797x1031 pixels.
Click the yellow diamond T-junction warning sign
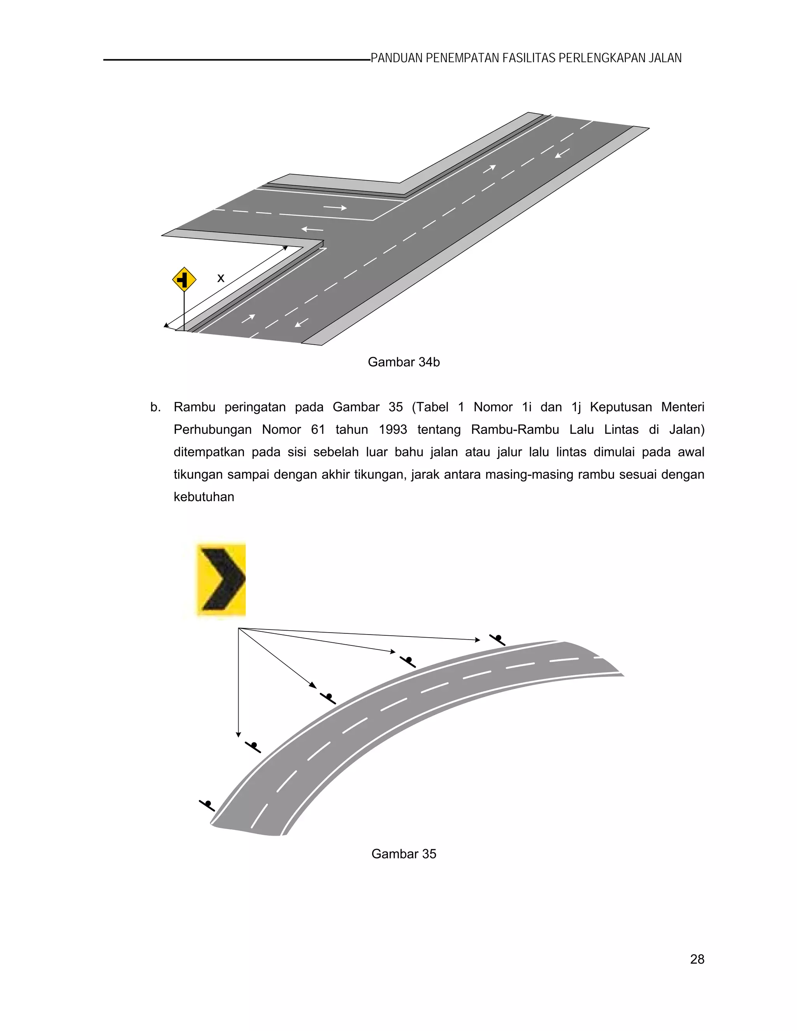click(x=184, y=279)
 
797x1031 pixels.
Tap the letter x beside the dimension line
click(x=221, y=279)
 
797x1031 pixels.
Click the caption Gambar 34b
click(x=404, y=362)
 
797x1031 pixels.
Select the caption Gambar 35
click(x=404, y=854)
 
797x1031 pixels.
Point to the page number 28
click(x=697, y=959)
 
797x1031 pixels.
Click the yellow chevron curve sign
click(x=221, y=579)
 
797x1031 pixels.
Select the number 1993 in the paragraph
click(x=393, y=430)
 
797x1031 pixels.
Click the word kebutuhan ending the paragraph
click(x=204, y=497)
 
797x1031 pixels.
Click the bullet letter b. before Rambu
click(x=155, y=407)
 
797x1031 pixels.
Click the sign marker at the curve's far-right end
click(x=498, y=640)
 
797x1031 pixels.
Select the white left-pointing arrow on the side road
click(x=312, y=230)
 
